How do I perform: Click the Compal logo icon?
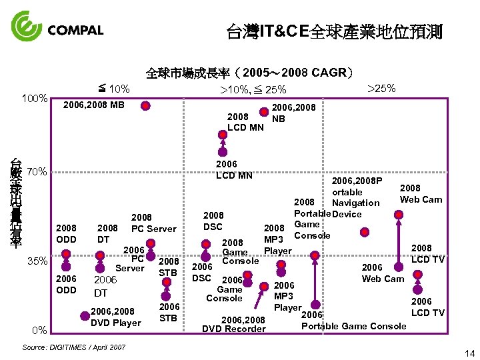click(x=27, y=27)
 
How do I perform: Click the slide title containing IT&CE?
click(x=334, y=31)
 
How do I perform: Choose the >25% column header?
click(x=382, y=87)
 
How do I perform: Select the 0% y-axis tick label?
click(x=39, y=330)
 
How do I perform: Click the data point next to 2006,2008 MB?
click(x=151, y=105)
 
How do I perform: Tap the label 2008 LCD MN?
click(x=245, y=121)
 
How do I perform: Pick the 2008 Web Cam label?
click(x=421, y=193)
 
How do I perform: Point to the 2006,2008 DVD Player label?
click(x=115, y=317)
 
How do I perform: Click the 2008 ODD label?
click(x=67, y=233)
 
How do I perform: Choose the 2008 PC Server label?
click(x=153, y=223)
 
